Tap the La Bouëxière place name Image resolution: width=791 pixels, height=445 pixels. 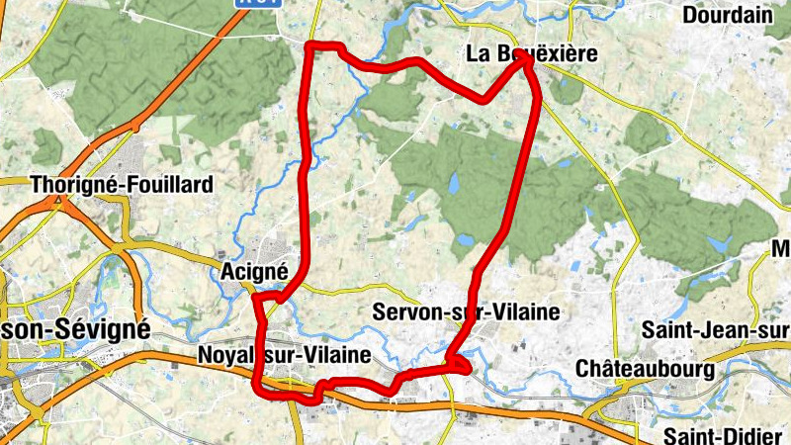(532, 55)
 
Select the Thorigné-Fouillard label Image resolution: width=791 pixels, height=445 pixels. (122, 185)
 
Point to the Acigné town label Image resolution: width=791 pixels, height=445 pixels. (254, 271)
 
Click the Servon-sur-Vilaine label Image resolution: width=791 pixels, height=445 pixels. (467, 312)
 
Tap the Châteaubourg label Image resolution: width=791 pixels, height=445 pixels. (645, 369)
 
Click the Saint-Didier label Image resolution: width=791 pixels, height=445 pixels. (726, 435)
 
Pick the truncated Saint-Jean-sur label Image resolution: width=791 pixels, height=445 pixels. (716, 328)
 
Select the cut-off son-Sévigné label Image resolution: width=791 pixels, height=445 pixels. (75, 328)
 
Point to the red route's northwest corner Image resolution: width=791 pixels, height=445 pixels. (311, 46)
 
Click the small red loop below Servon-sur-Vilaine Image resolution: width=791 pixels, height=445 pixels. (461, 366)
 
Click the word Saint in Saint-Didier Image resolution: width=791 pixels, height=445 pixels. (688, 435)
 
